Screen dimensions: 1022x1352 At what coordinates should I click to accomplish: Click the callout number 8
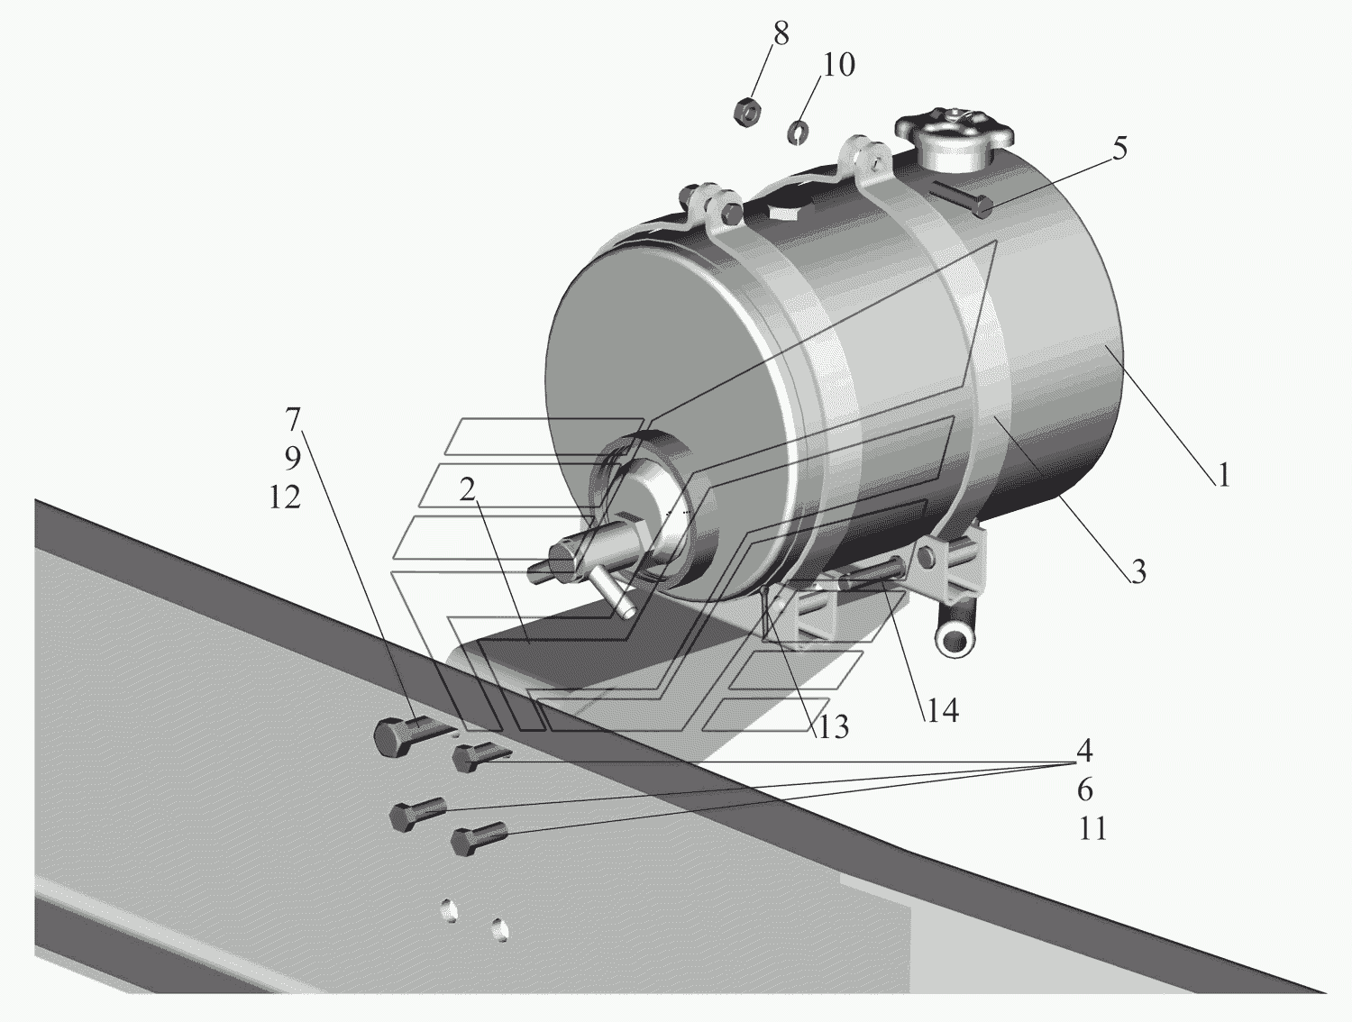click(x=781, y=33)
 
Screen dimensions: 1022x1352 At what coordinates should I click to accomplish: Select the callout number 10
click(x=838, y=65)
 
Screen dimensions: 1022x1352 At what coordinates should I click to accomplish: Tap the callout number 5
click(x=1119, y=149)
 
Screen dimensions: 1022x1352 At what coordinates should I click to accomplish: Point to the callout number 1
click(x=1223, y=475)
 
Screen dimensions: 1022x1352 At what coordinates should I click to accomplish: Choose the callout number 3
click(x=1138, y=571)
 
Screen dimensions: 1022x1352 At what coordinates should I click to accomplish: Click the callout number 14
click(x=942, y=711)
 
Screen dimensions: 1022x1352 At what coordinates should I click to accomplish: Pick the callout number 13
click(x=834, y=727)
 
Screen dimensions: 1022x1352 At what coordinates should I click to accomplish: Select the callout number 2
click(x=467, y=489)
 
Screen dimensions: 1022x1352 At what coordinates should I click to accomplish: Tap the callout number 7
click(x=293, y=420)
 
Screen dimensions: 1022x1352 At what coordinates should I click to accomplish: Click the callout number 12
click(x=285, y=497)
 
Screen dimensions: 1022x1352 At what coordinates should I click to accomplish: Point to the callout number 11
click(x=1092, y=828)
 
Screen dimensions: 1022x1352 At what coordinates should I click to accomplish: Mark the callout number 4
click(x=1084, y=750)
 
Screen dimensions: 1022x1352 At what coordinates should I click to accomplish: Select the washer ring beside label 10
click(x=798, y=132)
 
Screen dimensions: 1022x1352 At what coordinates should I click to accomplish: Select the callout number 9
click(x=293, y=459)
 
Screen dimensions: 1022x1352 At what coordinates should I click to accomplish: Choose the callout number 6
click(x=1085, y=789)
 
